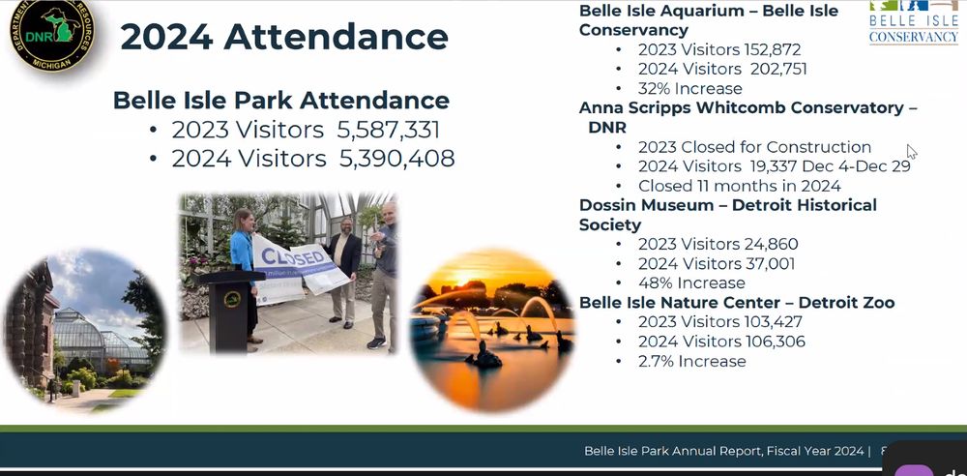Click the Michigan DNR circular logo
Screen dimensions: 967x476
point(52,34)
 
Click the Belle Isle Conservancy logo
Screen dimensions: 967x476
point(914,23)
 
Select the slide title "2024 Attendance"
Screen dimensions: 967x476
point(284,37)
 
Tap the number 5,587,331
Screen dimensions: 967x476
point(388,131)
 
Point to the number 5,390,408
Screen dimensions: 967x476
point(396,159)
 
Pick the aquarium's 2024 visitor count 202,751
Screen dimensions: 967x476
point(778,69)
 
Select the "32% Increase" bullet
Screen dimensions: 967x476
point(690,88)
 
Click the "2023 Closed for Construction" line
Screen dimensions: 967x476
point(755,147)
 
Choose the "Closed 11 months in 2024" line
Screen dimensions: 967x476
point(740,186)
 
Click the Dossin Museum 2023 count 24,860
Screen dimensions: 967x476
point(770,244)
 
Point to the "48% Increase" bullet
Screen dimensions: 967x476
point(692,283)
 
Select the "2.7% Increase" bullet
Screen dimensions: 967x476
point(692,361)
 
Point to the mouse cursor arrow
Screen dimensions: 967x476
point(912,152)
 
